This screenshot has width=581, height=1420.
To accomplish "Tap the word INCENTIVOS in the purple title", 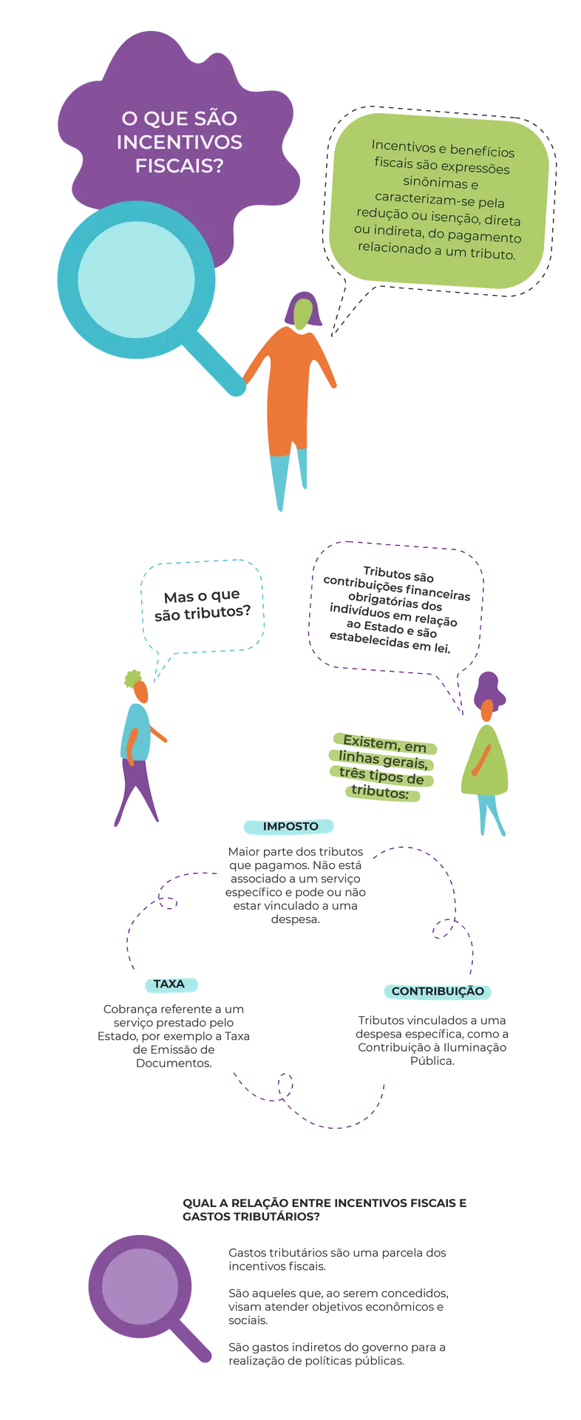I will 180,142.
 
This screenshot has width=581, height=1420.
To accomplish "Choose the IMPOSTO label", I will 290,826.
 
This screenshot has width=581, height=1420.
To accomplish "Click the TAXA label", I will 169,984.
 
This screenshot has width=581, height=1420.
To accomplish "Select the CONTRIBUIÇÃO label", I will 438,991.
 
